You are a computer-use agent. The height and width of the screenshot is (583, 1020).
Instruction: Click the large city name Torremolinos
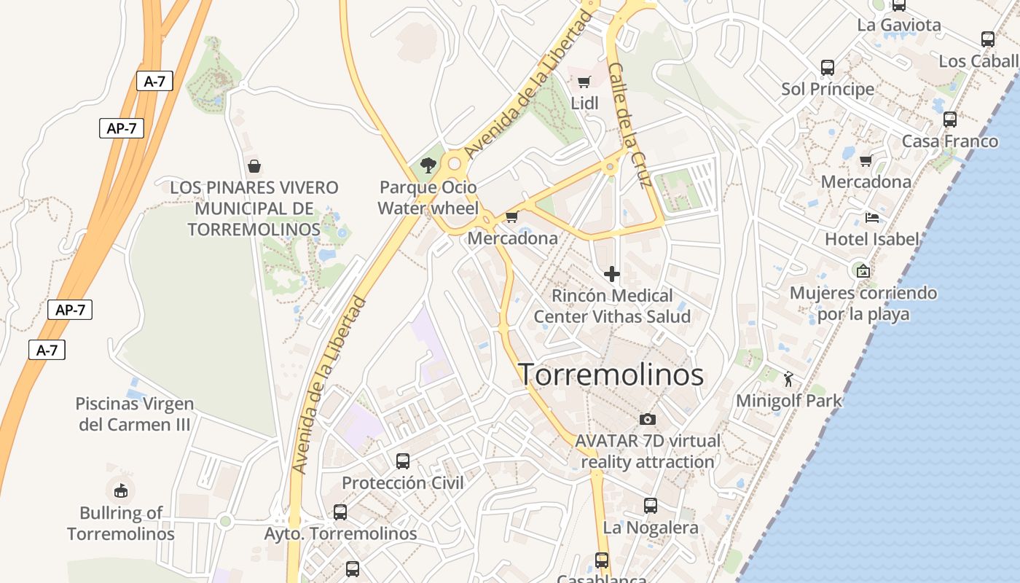point(611,375)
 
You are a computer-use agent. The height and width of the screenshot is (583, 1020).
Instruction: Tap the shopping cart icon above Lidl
point(584,82)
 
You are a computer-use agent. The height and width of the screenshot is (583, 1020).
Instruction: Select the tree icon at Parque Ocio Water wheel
point(428,165)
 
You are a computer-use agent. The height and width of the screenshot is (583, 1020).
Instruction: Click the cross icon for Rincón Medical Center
point(612,274)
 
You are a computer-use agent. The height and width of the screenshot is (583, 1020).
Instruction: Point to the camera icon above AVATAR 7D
point(647,419)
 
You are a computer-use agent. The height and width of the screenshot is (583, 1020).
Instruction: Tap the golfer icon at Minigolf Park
point(788,379)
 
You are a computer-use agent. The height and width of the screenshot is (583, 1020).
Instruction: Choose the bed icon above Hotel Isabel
point(871,217)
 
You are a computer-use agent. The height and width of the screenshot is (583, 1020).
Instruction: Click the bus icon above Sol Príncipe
point(828,68)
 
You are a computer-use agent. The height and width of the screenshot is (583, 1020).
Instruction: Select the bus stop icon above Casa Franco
point(950,120)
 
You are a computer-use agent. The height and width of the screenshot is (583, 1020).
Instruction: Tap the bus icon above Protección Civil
point(402,461)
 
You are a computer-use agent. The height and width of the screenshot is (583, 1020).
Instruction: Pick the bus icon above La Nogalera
point(651,505)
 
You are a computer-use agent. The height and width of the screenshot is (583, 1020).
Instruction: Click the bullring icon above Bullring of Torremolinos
point(121,490)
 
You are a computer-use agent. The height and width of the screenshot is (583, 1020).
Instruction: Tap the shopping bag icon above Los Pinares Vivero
point(254,166)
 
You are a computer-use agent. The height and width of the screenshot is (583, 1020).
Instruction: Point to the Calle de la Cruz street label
point(629,125)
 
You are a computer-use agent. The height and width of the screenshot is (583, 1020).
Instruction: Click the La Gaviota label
point(899,25)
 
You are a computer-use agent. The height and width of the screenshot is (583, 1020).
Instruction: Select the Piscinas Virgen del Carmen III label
point(135,414)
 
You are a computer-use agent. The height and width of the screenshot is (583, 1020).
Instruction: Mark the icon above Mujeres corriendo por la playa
point(863,271)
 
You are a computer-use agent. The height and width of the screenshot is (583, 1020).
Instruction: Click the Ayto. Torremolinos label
point(340,533)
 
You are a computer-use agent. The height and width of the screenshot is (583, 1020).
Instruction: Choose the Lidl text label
point(584,103)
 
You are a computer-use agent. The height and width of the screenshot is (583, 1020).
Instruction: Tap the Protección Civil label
point(402,482)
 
